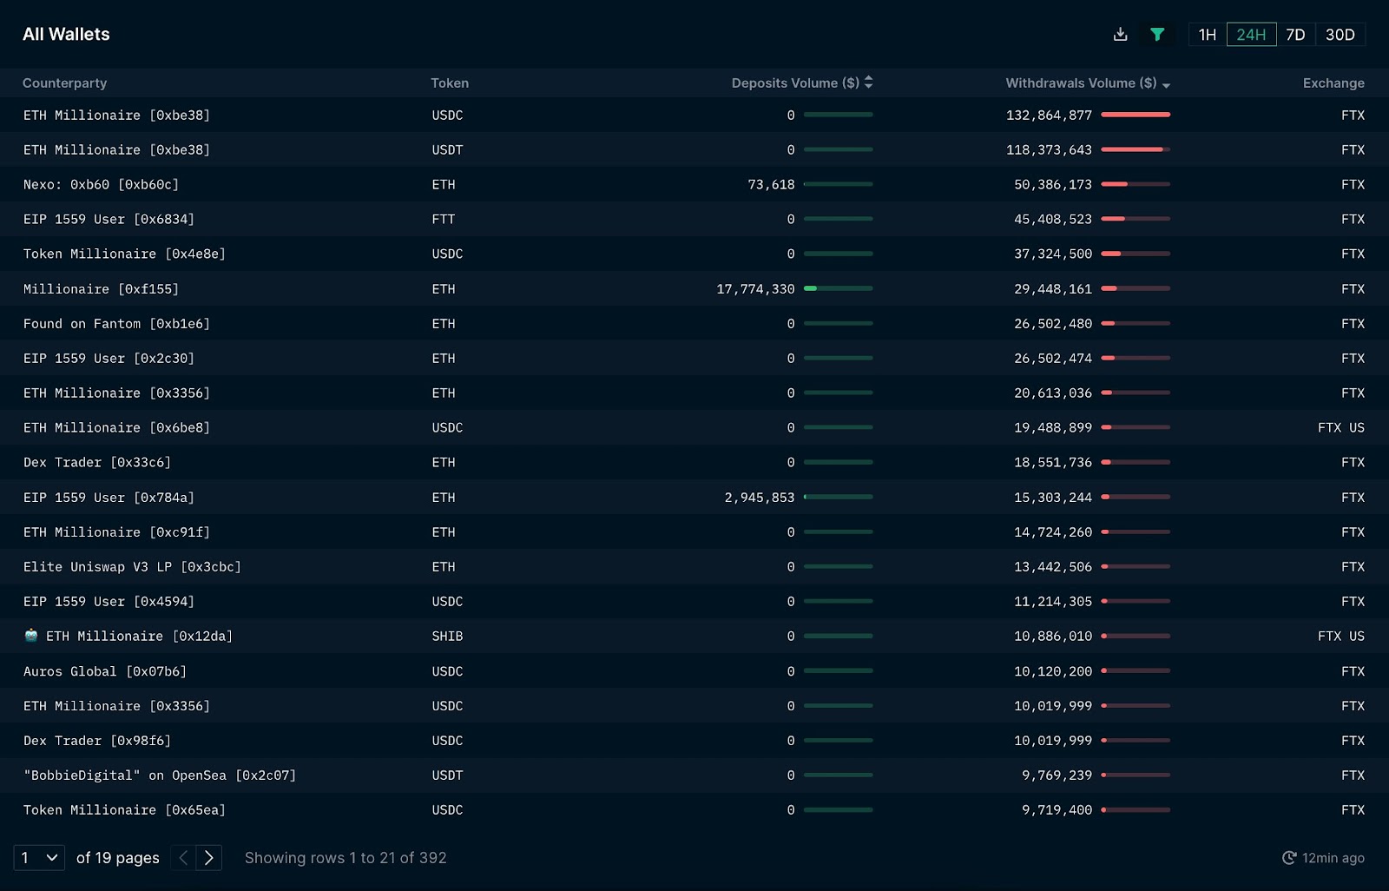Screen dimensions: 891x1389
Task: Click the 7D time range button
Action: pos(1295,35)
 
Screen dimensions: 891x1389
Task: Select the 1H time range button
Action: pos(1207,35)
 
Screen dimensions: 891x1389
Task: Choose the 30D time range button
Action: pos(1340,35)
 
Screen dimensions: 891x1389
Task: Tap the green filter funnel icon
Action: pos(1157,35)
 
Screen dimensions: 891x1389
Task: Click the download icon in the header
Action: pos(1120,35)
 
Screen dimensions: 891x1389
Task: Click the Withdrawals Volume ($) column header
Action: pos(1081,83)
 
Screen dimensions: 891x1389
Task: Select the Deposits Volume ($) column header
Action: pos(795,83)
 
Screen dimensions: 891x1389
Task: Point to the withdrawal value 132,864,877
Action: pos(1049,115)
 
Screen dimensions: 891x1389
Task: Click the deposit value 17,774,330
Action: pos(755,289)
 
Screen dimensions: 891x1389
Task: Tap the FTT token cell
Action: pos(444,220)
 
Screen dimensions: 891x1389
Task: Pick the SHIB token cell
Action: pos(447,637)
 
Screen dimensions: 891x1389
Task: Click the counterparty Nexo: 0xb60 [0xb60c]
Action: pos(101,185)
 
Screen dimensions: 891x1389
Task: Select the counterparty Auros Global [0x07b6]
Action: pos(105,671)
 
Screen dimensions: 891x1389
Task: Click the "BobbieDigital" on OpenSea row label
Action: pos(160,775)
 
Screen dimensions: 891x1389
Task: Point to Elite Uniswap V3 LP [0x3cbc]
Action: pos(132,567)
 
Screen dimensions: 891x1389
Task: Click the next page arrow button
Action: pos(209,858)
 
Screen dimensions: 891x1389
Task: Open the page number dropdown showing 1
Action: pos(39,858)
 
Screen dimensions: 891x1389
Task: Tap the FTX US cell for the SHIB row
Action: pos(1340,637)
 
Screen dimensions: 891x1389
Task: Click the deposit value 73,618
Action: pos(771,185)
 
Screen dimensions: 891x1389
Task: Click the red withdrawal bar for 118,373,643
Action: pos(1132,149)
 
